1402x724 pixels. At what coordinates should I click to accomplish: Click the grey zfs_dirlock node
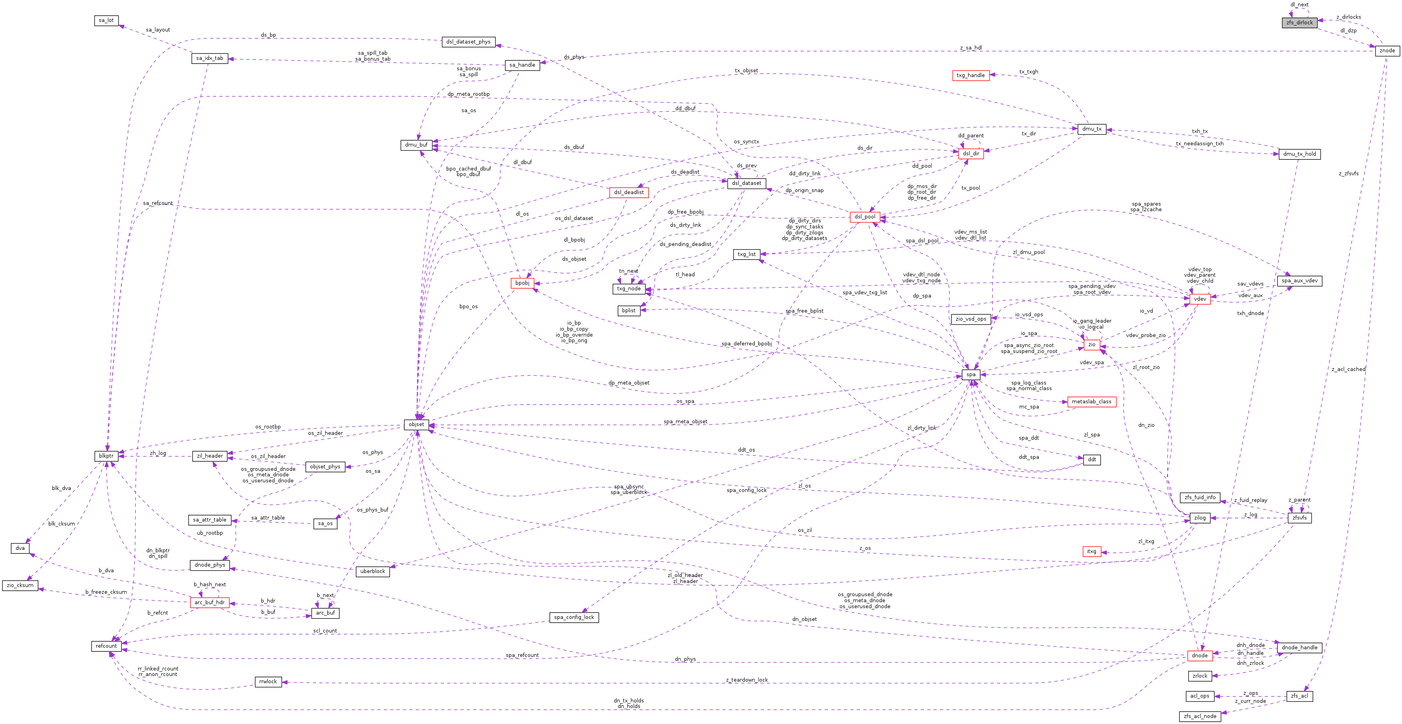pos(1299,22)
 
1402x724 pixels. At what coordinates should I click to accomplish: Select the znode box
pos(1387,51)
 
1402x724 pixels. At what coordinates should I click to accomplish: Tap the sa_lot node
pos(106,20)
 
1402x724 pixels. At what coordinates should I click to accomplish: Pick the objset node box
pos(416,424)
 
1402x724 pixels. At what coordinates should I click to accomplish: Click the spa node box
pos(970,374)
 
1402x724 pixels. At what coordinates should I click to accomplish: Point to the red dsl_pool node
pos(865,216)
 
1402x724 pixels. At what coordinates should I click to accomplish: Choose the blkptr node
pos(106,456)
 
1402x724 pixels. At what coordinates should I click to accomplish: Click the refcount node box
pos(106,646)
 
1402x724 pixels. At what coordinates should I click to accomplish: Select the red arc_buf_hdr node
pos(209,602)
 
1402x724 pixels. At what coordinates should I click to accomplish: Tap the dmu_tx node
pos(1091,129)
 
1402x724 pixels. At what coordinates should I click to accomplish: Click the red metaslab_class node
pos(1091,401)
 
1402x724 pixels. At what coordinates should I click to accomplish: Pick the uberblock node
pos(372,571)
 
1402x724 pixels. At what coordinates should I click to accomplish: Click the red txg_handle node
pos(970,75)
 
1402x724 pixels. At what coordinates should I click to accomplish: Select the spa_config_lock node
pos(574,617)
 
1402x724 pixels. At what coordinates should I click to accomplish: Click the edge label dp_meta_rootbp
pos(468,94)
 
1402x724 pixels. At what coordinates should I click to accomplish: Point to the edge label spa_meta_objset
pos(685,422)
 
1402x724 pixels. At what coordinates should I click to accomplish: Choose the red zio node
pos(1091,344)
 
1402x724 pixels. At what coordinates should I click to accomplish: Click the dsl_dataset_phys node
pos(468,42)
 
